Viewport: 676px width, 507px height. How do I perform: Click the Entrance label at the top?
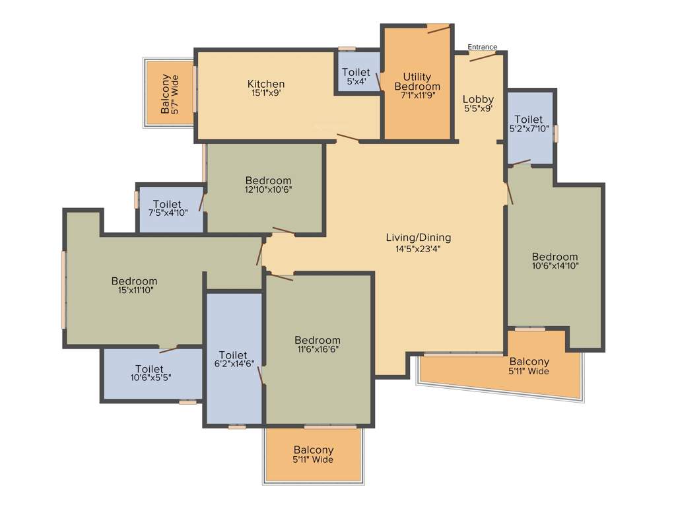(x=483, y=47)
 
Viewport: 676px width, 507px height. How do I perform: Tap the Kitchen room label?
(x=266, y=84)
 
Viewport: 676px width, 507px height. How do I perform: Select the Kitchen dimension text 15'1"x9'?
(x=266, y=94)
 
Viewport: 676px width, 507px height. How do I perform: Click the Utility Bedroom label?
(x=417, y=82)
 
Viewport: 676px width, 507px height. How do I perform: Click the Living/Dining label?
(x=419, y=238)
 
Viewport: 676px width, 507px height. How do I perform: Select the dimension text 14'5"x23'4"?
(x=419, y=249)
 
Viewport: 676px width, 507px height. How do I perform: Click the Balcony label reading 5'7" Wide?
(x=170, y=94)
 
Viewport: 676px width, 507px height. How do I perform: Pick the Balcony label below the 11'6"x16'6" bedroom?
(x=314, y=450)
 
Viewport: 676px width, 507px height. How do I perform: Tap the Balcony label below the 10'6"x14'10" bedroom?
(x=529, y=362)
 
